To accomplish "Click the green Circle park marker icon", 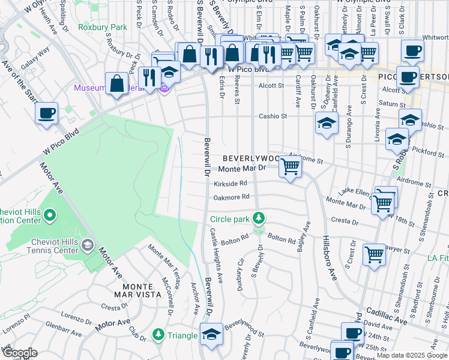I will (x=259, y=217).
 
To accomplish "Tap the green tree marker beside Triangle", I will (x=158, y=334).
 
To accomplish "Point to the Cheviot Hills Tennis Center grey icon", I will (x=88, y=245).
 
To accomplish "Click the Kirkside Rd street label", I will (x=231, y=184).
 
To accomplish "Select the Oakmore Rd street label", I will (x=231, y=197).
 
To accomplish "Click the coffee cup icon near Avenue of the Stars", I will (x=46, y=112).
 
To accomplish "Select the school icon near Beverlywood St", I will (x=211, y=334).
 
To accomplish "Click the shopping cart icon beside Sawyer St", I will (x=375, y=254).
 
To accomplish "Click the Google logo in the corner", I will (x=19, y=353).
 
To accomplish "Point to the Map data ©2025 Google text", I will (x=412, y=355).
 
